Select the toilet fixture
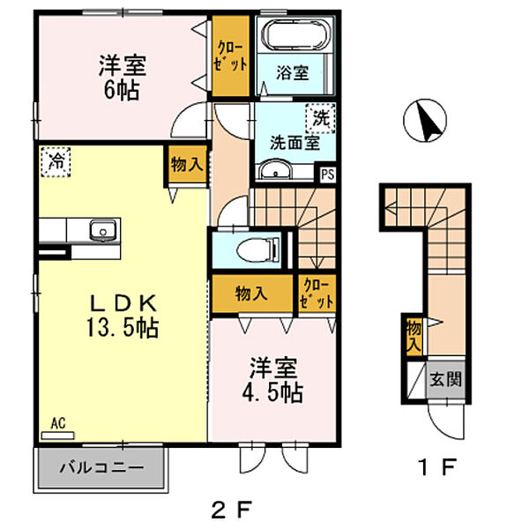click(x=258, y=247)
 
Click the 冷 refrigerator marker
click(x=55, y=161)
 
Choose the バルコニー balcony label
click(x=101, y=466)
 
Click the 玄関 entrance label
click(x=443, y=381)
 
